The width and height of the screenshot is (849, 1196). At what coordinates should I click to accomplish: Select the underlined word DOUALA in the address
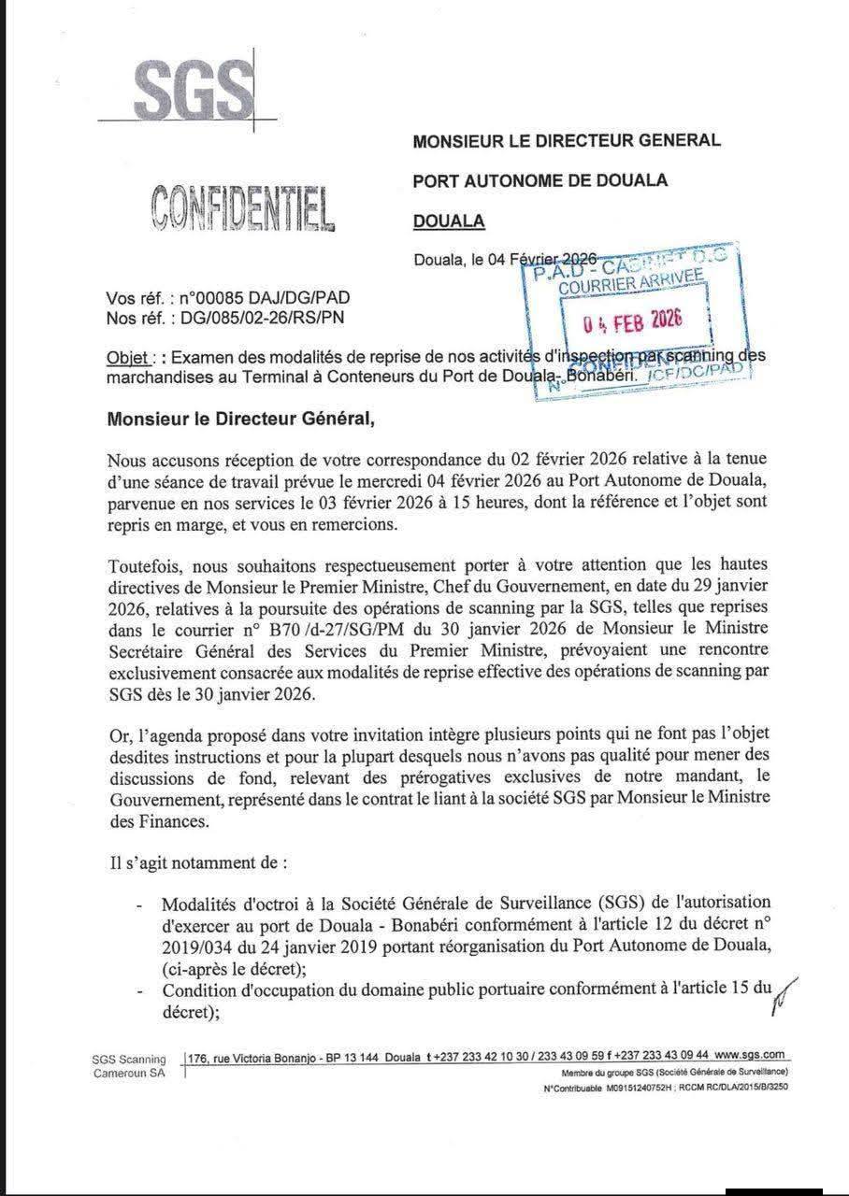[449, 221]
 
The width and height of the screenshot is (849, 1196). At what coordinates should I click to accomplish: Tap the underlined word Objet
[128, 359]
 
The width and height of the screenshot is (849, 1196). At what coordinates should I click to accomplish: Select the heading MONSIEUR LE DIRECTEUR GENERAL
[567, 141]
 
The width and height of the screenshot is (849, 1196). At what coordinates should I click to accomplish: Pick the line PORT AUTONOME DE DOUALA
[540, 181]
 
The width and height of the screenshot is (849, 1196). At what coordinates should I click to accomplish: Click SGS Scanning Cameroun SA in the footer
[129, 1065]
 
